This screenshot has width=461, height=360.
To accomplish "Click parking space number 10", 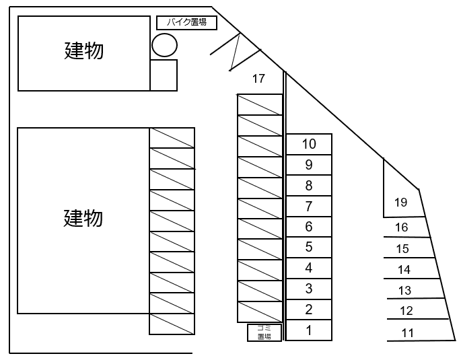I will point(309,144).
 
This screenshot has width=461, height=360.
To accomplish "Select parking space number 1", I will point(309,330).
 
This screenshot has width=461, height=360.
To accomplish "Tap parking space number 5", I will point(309,248).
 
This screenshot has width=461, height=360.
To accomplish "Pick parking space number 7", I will point(309,207).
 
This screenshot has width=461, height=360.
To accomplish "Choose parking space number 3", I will point(309,289).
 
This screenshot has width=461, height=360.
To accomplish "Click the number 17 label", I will point(258,79).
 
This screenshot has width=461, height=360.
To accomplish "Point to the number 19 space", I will point(401,202).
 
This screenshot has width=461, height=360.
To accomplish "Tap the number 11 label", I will point(408,332).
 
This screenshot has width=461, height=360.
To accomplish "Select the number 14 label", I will point(404,270).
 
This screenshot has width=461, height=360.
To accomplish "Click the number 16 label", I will point(401,228).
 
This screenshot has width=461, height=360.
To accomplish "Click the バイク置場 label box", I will point(186,23).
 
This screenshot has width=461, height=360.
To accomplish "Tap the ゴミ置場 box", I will point(264,332).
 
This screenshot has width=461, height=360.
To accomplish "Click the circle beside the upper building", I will point(164,45).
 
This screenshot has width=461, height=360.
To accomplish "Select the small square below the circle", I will point(164,75).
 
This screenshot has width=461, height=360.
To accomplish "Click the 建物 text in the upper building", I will point(84,50).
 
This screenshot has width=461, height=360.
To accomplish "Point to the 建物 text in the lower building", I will point(84,218).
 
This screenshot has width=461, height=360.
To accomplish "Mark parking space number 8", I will point(309,186).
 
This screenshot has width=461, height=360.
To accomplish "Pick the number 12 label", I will point(406,311).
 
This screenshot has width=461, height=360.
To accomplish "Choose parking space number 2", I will point(309,310).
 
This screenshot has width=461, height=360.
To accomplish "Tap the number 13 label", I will point(404,291).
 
